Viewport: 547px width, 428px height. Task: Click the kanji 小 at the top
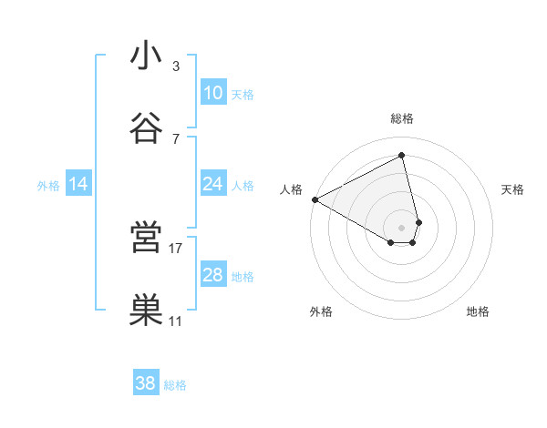[x=146, y=56]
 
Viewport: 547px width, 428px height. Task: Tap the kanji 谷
[x=146, y=128]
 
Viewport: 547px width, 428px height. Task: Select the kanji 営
[x=146, y=238]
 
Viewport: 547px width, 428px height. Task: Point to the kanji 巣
[x=146, y=311]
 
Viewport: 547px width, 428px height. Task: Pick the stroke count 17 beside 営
[x=176, y=248]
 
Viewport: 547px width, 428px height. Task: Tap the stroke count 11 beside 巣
[x=176, y=321]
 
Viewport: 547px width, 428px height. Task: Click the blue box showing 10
[x=212, y=93]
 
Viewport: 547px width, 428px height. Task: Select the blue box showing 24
[x=212, y=184]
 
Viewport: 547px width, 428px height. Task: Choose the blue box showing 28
[x=212, y=275]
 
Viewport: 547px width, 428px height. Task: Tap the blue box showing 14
[x=78, y=184]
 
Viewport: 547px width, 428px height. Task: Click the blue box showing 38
[x=146, y=383]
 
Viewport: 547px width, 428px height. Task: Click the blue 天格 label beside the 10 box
[x=243, y=95]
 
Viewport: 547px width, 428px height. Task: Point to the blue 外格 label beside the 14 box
[x=48, y=186]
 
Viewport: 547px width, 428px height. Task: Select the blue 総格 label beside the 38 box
[x=175, y=385]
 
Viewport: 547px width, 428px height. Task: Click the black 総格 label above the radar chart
[x=402, y=118]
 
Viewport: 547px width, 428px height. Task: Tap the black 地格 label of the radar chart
[x=478, y=312]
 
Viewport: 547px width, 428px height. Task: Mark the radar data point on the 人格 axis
[x=315, y=199]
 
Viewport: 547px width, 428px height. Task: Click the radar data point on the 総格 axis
[x=402, y=155]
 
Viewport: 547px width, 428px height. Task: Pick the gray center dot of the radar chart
[x=402, y=227]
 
